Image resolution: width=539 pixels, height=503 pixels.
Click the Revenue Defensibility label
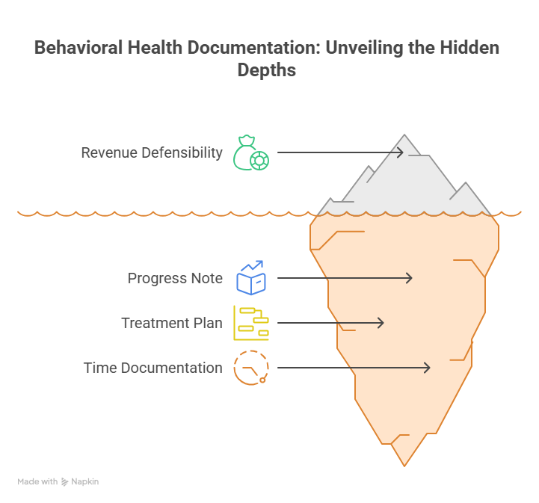(x=152, y=152)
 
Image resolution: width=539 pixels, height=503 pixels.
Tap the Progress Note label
(x=175, y=278)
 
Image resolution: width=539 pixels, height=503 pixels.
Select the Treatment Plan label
(x=172, y=323)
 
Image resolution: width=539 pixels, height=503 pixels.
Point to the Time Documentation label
(x=153, y=368)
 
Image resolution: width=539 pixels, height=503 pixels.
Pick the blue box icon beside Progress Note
(x=251, y=278)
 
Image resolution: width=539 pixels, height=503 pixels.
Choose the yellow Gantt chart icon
(x=251, y=323)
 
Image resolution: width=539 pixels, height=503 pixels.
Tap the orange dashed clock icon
(x=251, y=368)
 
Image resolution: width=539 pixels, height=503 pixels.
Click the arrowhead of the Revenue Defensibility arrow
(x=402, y=152)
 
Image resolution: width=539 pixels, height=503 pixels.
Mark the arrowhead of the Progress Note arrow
(x=410, y=278)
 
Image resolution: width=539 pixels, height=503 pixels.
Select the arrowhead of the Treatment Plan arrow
(x=382, y=323)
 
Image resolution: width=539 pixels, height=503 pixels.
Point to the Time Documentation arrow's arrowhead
(x=428, y=368)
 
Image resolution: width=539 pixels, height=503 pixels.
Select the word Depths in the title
(x=267, y=70)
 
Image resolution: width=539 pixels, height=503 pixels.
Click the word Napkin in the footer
(x=85, y=482)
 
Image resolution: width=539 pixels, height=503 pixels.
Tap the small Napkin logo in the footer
(x=65, y=482)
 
